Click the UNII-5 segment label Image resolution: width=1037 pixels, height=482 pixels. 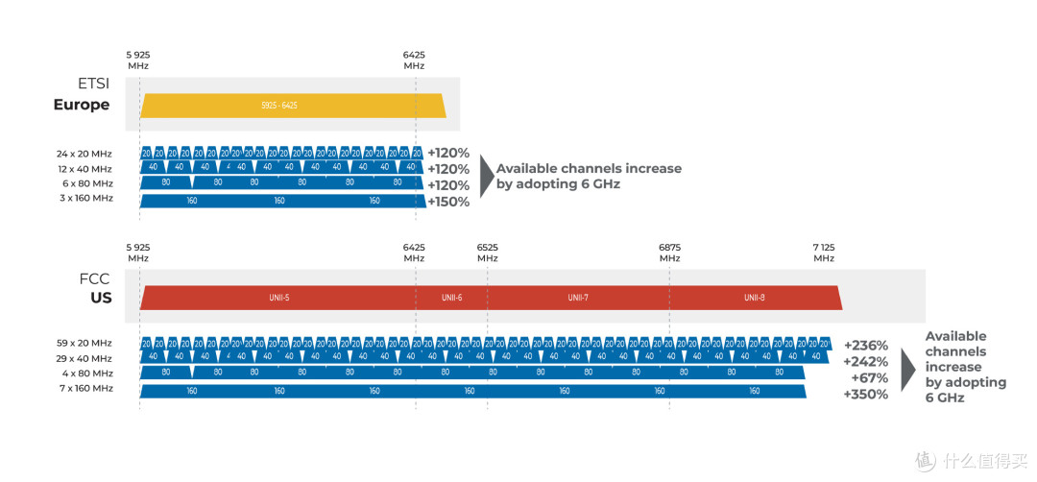tap(278, 298)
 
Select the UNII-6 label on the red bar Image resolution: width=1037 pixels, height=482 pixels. tap(452, 298)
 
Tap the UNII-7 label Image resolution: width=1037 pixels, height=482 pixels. tap(578, 298)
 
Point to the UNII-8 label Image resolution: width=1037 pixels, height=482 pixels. tap(755, 298)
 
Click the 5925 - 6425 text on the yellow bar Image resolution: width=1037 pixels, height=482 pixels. tap(279, 105)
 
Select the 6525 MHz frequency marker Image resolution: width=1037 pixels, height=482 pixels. tap(488, 253)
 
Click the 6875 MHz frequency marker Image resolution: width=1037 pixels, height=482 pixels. tap(669, 253)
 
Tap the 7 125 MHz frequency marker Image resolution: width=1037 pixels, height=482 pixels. tap(824, 253)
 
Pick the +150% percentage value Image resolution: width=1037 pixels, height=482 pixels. tap(448, 202)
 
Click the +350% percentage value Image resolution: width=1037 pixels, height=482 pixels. tap(866, 394)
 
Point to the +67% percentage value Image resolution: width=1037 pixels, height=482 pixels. tap(870, 377)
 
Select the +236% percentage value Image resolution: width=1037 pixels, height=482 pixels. tap(866, 346)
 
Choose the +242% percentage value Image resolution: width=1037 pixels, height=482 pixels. tap(866, 362)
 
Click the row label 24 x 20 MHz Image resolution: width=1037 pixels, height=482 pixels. tap(84, 153)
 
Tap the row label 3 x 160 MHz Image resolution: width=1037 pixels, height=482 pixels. tap(84, 198)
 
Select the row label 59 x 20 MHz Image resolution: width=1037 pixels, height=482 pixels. tap(84, 343)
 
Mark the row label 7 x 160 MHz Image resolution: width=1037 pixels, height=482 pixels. tap(84, 388)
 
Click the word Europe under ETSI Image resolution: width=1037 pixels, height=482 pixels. tap(82, 105)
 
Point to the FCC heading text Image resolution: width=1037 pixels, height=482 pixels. tap(95, 278)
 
